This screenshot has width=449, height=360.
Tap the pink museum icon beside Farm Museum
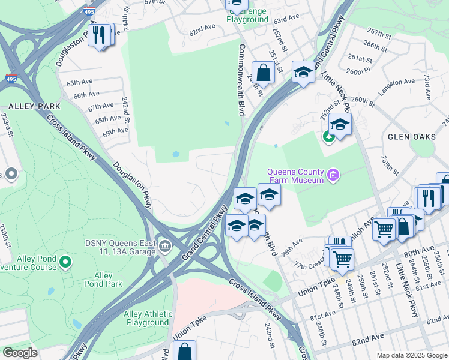[x=334, y=176]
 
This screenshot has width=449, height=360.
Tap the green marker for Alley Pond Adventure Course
[x=66, y=262]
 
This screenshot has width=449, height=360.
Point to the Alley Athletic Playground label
[x=147, y=318]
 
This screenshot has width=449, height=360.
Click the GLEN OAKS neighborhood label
[x=411, y=137]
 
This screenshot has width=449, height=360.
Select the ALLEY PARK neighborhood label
[x=26, y=106]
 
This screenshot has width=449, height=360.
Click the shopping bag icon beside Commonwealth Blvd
[x=263, y=73]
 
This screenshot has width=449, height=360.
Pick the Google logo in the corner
[x=20, y=353]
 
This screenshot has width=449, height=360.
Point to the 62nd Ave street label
[x=202, y=28]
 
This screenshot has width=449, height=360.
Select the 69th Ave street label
[x=115, y=131]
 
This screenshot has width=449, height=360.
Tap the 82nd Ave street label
[x=367, y=340]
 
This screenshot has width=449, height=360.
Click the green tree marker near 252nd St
[x=328, y=136]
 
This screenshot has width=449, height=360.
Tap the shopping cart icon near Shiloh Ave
[x=384, y=228]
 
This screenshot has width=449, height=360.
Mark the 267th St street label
[x=379, y=32]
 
